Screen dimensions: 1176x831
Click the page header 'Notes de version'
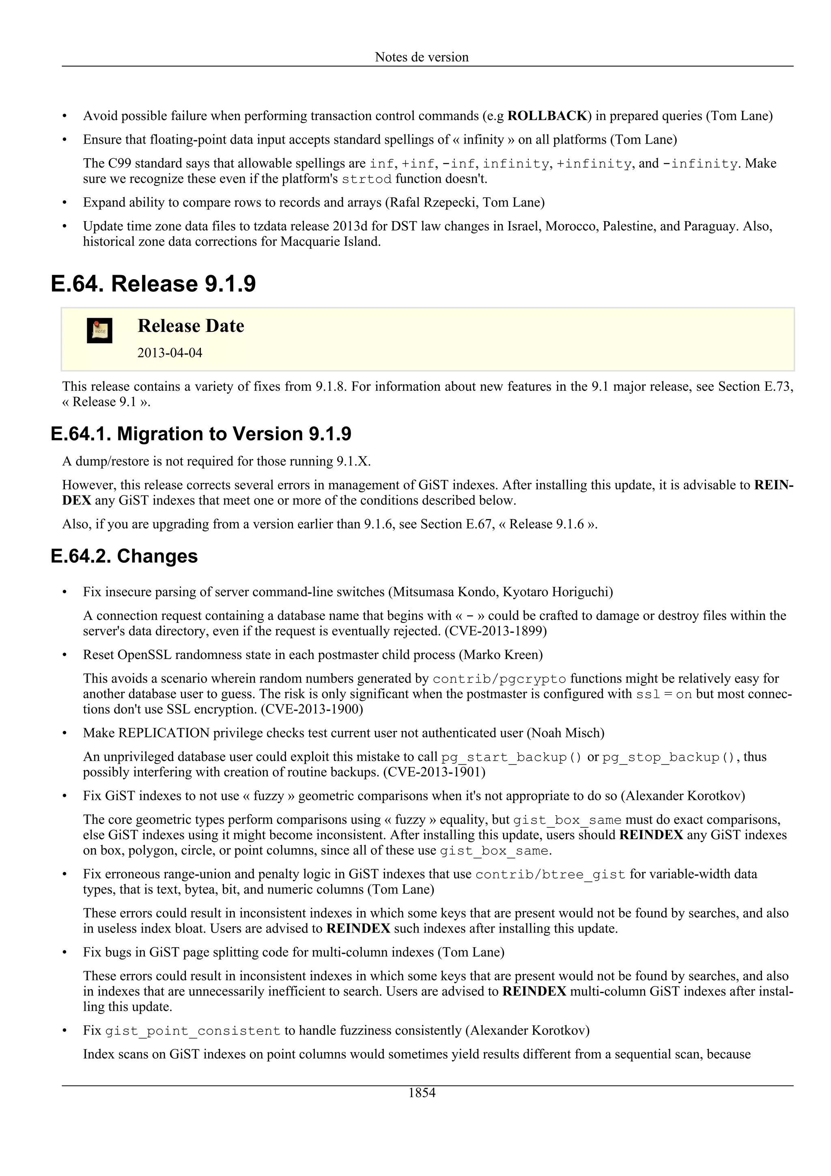click(422, 57)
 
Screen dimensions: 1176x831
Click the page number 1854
click(422, 1092)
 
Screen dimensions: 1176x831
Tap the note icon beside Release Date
click(99, 331)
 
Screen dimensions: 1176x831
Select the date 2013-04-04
click(170, 353)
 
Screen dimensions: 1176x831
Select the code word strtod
click(366, 179)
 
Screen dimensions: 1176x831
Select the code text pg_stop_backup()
click(669, 757)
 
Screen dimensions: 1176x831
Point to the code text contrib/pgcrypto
click(499, 679)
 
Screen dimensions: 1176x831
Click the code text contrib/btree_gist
click(551, 874)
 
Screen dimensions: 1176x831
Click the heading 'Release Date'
click(190, 326)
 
